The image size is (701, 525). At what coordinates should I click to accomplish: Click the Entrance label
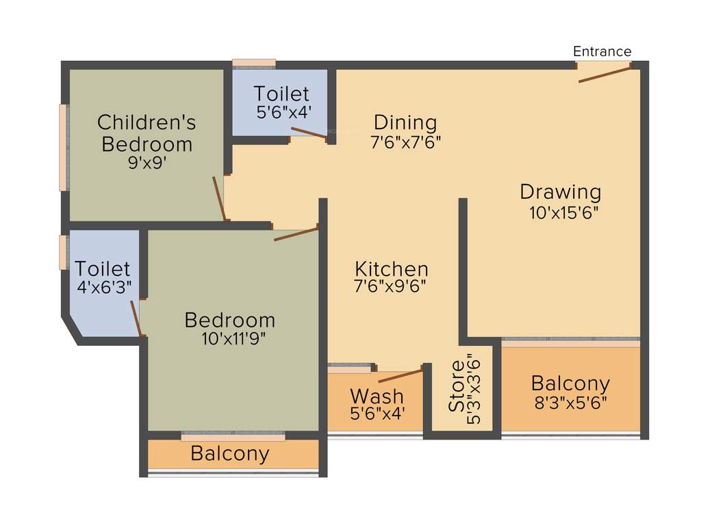pos(602,51)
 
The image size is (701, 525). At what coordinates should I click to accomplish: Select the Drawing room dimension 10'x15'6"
pos(564,213)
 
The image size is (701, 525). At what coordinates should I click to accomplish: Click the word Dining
pos(405,123)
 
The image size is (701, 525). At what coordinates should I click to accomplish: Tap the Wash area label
pos(377,396)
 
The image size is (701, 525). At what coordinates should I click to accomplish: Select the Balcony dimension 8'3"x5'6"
pos(570,403)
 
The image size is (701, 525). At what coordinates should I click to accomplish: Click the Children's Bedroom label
pos(146,133)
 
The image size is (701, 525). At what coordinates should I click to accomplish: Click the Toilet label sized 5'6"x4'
pos(281,94)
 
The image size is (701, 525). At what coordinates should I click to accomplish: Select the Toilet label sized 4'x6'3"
pos(103,269)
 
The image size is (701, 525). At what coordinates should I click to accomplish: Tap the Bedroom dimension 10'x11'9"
pos(230,338)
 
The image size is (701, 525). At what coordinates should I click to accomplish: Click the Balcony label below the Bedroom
pos(230,453)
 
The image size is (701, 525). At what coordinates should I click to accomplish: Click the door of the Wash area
pos(400,375)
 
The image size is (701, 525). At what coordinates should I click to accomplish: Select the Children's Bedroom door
pos(219,198)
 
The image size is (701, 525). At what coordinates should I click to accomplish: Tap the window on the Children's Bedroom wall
pos(64,147)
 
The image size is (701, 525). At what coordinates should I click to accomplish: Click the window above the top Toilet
pos(253,64)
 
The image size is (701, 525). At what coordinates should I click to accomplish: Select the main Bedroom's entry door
pos(296,234)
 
